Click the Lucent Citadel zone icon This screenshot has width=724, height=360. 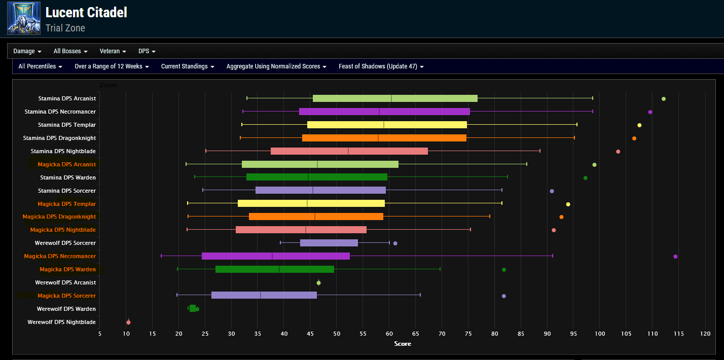tap(23, 18)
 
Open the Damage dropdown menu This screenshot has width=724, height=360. tap(27, 51)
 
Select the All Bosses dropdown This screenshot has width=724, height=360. tap(70, 51)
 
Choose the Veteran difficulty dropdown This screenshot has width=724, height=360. tap(113, 51)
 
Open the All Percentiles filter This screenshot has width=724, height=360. tap(40, 66)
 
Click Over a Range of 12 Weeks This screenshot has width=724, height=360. tap(112, 66)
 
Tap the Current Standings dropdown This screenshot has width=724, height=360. tap(188, 66)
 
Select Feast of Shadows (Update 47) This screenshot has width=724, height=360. tap(381, 66)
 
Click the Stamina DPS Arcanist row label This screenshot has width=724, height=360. tap(67, 98)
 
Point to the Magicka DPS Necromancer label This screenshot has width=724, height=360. tap(60, 256)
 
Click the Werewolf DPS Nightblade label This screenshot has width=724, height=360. tap(61, 322)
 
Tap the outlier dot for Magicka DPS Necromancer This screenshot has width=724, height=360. tap(675, 257)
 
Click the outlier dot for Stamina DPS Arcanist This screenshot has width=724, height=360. tap(664, 99)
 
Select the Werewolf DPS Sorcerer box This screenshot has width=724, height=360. tap(329, 243)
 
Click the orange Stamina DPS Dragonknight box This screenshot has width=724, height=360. tap(384, 138)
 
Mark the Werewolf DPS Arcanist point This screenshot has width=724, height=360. tap(318, 283)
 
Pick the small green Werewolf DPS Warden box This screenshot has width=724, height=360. tap(193, 308)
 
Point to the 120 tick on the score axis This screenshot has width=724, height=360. tap(705, 334)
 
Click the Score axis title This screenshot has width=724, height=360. tap(403, 344)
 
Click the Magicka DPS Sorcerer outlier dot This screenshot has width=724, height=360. tap(503, 296)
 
